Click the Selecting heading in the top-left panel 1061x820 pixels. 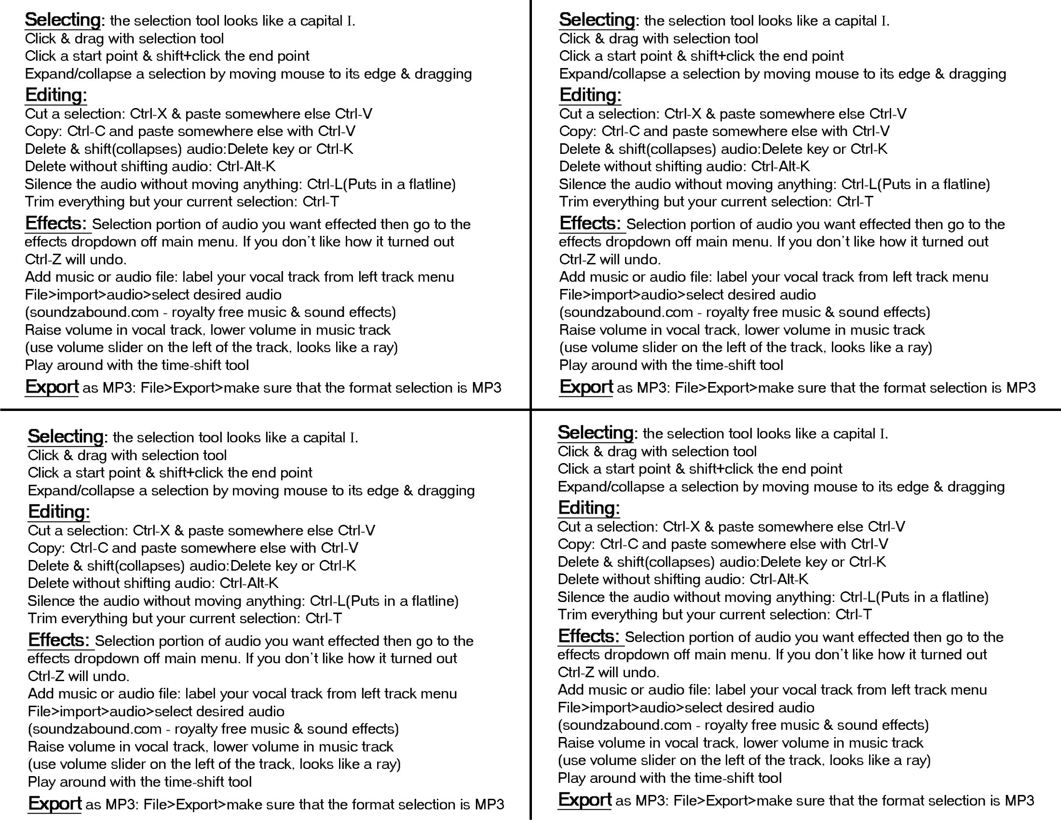63,20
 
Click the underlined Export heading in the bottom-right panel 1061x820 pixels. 585,800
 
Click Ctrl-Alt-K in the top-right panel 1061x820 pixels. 780,166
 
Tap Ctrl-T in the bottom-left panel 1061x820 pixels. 324,618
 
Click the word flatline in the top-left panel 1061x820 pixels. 429,184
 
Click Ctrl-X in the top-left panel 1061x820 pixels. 149,114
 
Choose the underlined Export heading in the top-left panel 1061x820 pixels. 52,387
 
